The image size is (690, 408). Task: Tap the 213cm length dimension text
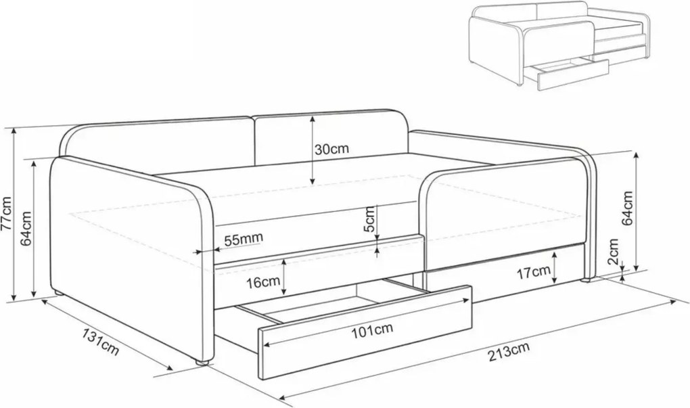[x=508, y=352]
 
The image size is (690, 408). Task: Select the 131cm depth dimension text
[x=100, y=342]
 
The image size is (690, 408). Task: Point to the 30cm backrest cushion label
[x=331, y=149]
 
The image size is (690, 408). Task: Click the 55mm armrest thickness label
[x=244, y=240]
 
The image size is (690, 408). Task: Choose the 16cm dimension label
[x=262, y=281]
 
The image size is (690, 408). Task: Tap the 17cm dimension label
[x=533, y=273]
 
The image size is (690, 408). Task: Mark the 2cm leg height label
[x=613, y=252]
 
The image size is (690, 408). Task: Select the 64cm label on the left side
[x=26, y=228]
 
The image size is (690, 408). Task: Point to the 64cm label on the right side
[x=626, y=208]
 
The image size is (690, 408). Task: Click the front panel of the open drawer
[x=365, y=332]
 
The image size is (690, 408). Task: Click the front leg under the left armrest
[x=202, y=363]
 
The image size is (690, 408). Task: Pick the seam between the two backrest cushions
[x=254, y=141]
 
